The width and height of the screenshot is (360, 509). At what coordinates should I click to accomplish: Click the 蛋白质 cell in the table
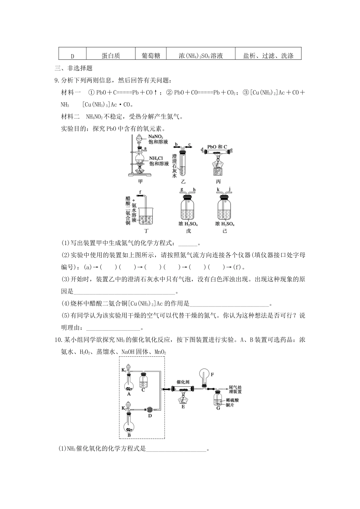pos(111,56)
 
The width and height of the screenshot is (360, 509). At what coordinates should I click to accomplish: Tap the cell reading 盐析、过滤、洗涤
pos(268,56)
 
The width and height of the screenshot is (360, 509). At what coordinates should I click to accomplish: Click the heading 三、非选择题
pos(74,69)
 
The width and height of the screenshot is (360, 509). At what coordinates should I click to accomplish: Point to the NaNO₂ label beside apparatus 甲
pos(156,137)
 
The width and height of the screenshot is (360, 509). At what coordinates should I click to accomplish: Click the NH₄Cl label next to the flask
pos(156,158)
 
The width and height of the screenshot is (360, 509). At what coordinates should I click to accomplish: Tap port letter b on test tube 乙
pos(177,144)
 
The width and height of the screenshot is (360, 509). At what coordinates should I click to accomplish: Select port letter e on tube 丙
pos(231,149)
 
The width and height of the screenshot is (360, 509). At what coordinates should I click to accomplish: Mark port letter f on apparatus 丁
pos(140,192)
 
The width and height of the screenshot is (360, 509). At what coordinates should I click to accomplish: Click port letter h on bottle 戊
pos(194,190)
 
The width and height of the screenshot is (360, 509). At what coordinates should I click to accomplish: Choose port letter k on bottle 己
pos(218,189)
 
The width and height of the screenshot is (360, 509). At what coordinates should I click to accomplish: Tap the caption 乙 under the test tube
pos(184,181)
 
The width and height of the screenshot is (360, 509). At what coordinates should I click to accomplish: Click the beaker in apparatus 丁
pos(146,216)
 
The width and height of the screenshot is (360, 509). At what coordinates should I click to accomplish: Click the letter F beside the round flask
pos(212,375)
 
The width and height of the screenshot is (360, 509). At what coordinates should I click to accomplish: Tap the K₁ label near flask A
pos(124,370)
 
